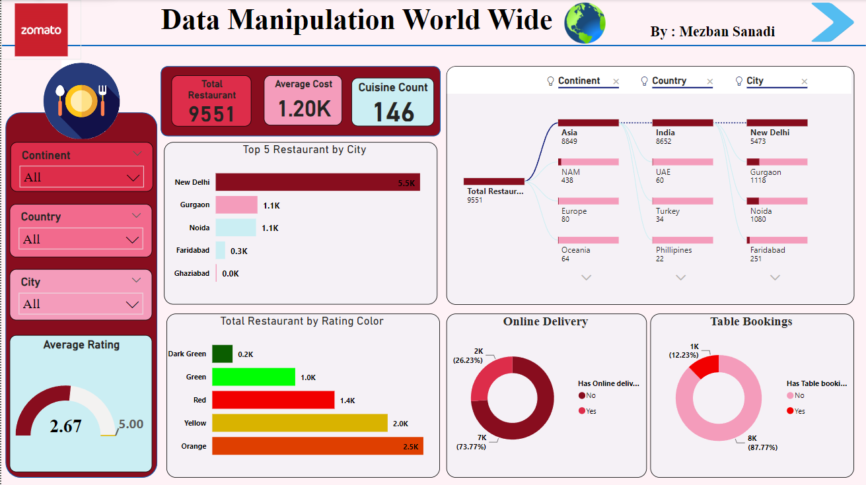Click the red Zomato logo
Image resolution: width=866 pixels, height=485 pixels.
(x=41, y=30)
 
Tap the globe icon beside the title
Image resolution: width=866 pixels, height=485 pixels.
(x=585, y=23)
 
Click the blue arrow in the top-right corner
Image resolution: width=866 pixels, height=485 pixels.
(x=832, y=22)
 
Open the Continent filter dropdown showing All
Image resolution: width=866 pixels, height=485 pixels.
(x=81, y=178)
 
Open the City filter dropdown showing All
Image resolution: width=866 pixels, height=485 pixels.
(x=81, y=304)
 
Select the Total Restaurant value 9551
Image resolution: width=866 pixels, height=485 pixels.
(x=211, y=113)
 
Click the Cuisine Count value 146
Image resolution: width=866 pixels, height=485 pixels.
(x=393, y=112)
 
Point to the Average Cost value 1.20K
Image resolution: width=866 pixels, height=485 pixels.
(x=304, y=109)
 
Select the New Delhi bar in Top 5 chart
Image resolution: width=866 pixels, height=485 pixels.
(x=317, y=182)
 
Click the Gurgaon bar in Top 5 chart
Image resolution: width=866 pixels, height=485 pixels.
(x=236, y=205)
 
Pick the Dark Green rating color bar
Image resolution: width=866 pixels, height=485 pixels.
(x=222, y=354)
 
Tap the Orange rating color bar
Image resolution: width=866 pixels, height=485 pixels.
(x=317, y=446)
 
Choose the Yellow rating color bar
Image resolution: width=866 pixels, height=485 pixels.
(x=299, y=423)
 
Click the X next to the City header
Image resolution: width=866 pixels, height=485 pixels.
(x=804, y=82)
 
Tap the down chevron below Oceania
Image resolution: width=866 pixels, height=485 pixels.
(x=586, y=278)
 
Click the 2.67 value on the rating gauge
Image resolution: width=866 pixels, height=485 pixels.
(x=65, y=426)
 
